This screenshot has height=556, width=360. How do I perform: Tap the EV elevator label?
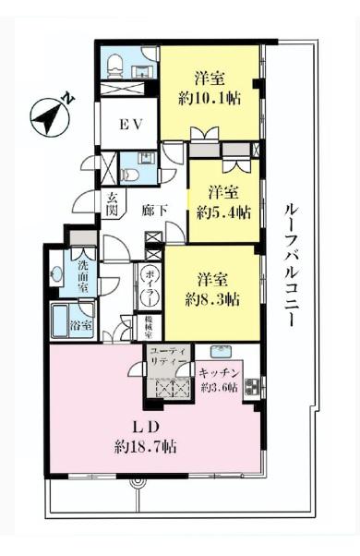click(x=128, y=127)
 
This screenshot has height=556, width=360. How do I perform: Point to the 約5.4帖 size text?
click(x=224, y=212)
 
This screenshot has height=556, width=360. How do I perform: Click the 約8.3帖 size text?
click(x=213, y=298)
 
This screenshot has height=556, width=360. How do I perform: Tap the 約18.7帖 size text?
click(x=146, y=446)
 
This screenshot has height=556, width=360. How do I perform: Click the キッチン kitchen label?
click(x=220, y=372)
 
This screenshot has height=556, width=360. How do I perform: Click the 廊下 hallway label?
click(x=155, y=211)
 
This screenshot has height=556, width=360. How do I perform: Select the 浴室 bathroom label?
click(x=83, y=325)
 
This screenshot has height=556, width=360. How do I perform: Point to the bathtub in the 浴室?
click(x=61, y=324)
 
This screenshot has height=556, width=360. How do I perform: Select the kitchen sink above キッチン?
click(x=222, y=351)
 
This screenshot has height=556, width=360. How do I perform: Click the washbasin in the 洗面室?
click(x=57, y=273)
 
